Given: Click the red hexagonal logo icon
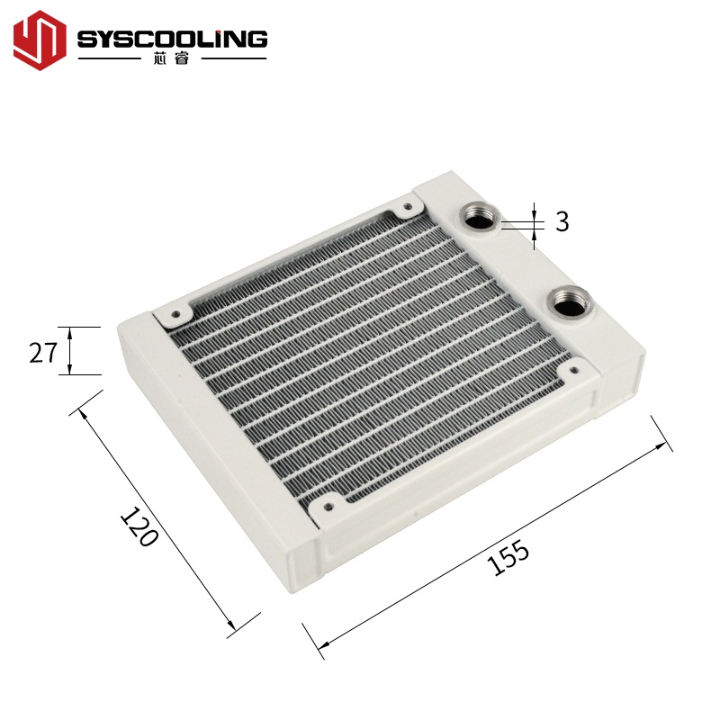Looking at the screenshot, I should click(40, 41).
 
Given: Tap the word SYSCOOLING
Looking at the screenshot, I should click(172, 38).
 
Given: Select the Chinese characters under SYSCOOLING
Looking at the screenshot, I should click(172, 62).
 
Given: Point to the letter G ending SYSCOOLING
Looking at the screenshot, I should click(256, 38).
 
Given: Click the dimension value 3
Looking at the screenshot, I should click(562, 221).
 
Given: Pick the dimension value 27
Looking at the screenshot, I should click(42, 352).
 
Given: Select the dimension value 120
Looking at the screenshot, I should click(139, 528).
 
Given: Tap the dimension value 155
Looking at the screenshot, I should click(508, 559).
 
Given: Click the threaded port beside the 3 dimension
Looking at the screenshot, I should click(476, 217).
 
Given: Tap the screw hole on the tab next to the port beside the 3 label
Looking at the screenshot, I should click(408, 206).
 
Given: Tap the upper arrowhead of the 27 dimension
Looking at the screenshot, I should click(71, 330).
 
